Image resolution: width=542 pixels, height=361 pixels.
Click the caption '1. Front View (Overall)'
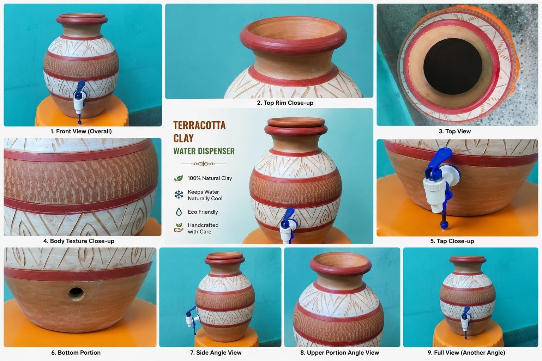[x=81, y=131]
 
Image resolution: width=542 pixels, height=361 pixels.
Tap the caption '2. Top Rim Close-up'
[x=285, y=103]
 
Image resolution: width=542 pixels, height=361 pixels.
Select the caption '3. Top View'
[x=454, y=131]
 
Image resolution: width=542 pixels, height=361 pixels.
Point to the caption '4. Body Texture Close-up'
[x=79, y=241]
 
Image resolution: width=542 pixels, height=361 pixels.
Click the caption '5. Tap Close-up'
[x=452, y=241]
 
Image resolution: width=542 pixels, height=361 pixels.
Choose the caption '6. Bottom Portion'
[x=76, y=353]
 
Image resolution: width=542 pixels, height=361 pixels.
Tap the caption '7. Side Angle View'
[x=216, y=353]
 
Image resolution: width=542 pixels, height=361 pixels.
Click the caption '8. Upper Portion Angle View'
[x=339, y=353]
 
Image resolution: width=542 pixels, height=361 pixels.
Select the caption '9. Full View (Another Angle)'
[x=466, y=353]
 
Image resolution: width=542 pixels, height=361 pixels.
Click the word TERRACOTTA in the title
[x=199, y=126]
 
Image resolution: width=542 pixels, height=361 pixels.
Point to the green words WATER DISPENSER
[x=204, y=151]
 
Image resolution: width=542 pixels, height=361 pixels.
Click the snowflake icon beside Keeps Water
[x=179, y=195]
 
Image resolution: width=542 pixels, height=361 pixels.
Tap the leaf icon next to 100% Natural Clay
[x=179, y=178]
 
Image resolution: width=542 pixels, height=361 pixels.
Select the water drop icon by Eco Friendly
[x=179, y=212]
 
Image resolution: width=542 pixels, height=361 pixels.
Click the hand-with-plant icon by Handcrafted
[x=179, y=228]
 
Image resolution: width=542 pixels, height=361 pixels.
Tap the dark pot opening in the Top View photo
[x=452, y=66]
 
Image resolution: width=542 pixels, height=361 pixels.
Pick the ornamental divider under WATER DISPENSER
[x=203, y=164]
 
